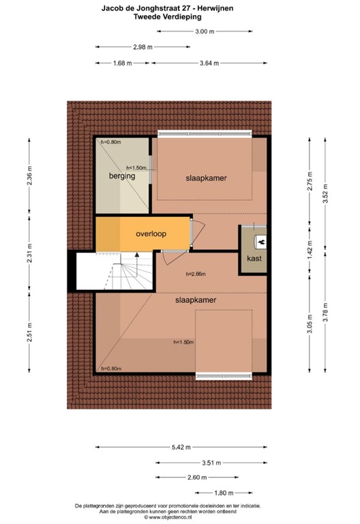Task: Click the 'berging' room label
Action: (x=121, y=176)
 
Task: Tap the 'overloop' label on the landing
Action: (x=151, y=233)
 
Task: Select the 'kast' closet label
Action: (x=254, y=259)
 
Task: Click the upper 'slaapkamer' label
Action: (x=206, y=178)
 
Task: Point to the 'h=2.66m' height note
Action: (x=196, y=275)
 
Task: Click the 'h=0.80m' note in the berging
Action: (x=110, y=142)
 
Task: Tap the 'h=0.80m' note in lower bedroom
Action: (x=111, y=368)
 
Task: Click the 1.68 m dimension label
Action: (x=122, y=63)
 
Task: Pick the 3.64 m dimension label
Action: (x=209, y=63)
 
